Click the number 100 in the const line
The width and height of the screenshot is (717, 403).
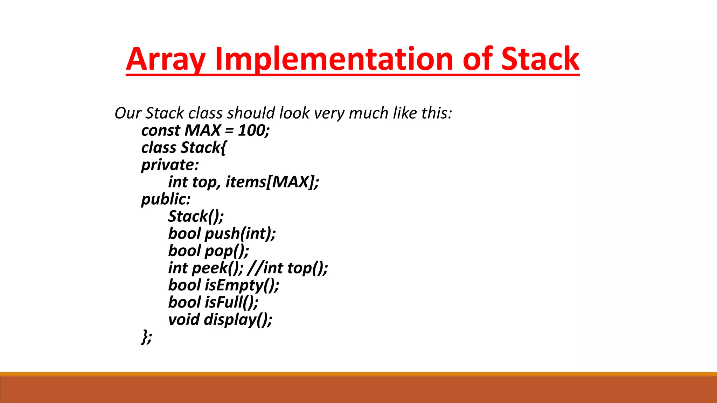click(x=252, y=130)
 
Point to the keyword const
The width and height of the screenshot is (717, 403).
click(x=161, y=130)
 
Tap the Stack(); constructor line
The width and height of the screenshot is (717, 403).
click(x=196, y=216)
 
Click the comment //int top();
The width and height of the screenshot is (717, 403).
click(x=287, y=268)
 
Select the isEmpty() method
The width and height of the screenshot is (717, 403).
click(x=242, y=285)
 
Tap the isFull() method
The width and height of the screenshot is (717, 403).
click(x=231, y=303)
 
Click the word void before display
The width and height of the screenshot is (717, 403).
click(x=184, y=319)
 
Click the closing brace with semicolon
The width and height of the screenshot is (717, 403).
click(x=147, y=337)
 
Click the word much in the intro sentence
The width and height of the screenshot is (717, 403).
click(x=369, y=113)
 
